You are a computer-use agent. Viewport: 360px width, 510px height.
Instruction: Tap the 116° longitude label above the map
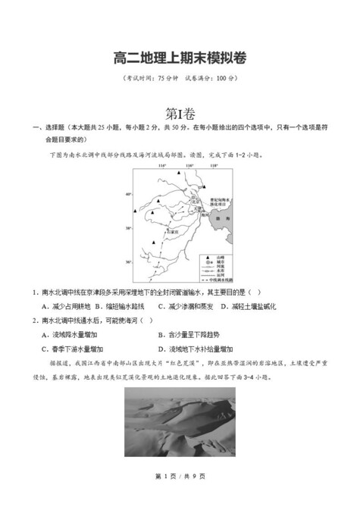coord(189,164)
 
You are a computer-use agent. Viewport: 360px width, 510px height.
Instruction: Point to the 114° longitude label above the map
coord(161,164)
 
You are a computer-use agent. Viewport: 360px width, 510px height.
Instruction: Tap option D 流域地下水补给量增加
coord(197,349)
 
